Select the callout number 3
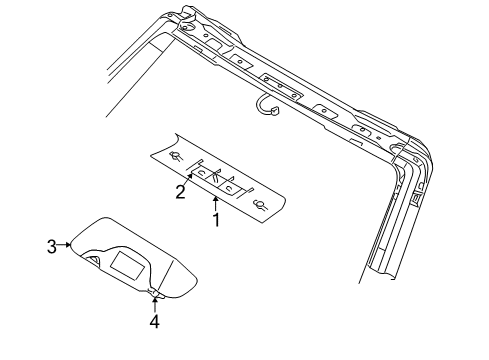51,243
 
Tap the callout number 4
154,321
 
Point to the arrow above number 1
214,200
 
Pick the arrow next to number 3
65,243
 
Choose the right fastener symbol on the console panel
262,206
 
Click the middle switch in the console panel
219,180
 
